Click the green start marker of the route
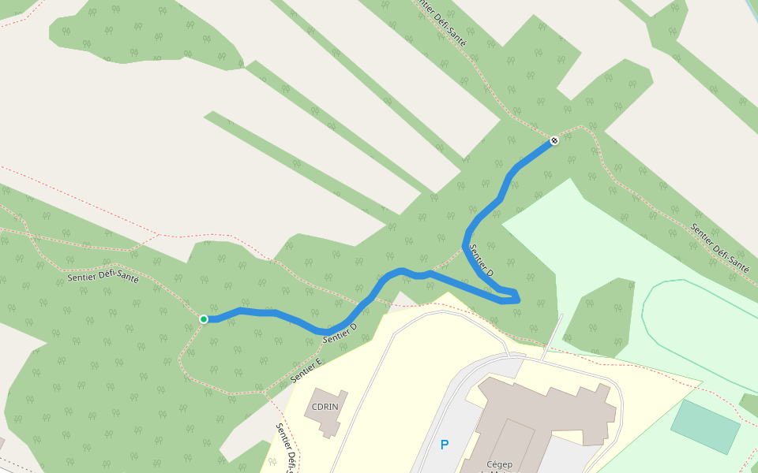click(x=204, y=318)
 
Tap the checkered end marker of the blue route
click(x=554, y=140)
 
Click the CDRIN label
click(x=325, y=407)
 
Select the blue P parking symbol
click(x=445, y=445)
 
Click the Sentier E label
click(x=307, y=371)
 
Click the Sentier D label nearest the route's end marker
click(x=482, y=260)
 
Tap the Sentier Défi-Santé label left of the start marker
click(x=103, y=276)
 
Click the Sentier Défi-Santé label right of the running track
click(x=719, y=248)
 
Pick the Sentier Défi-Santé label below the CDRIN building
click(x=285, y=447)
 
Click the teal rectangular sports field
click(x=705, y=426)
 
